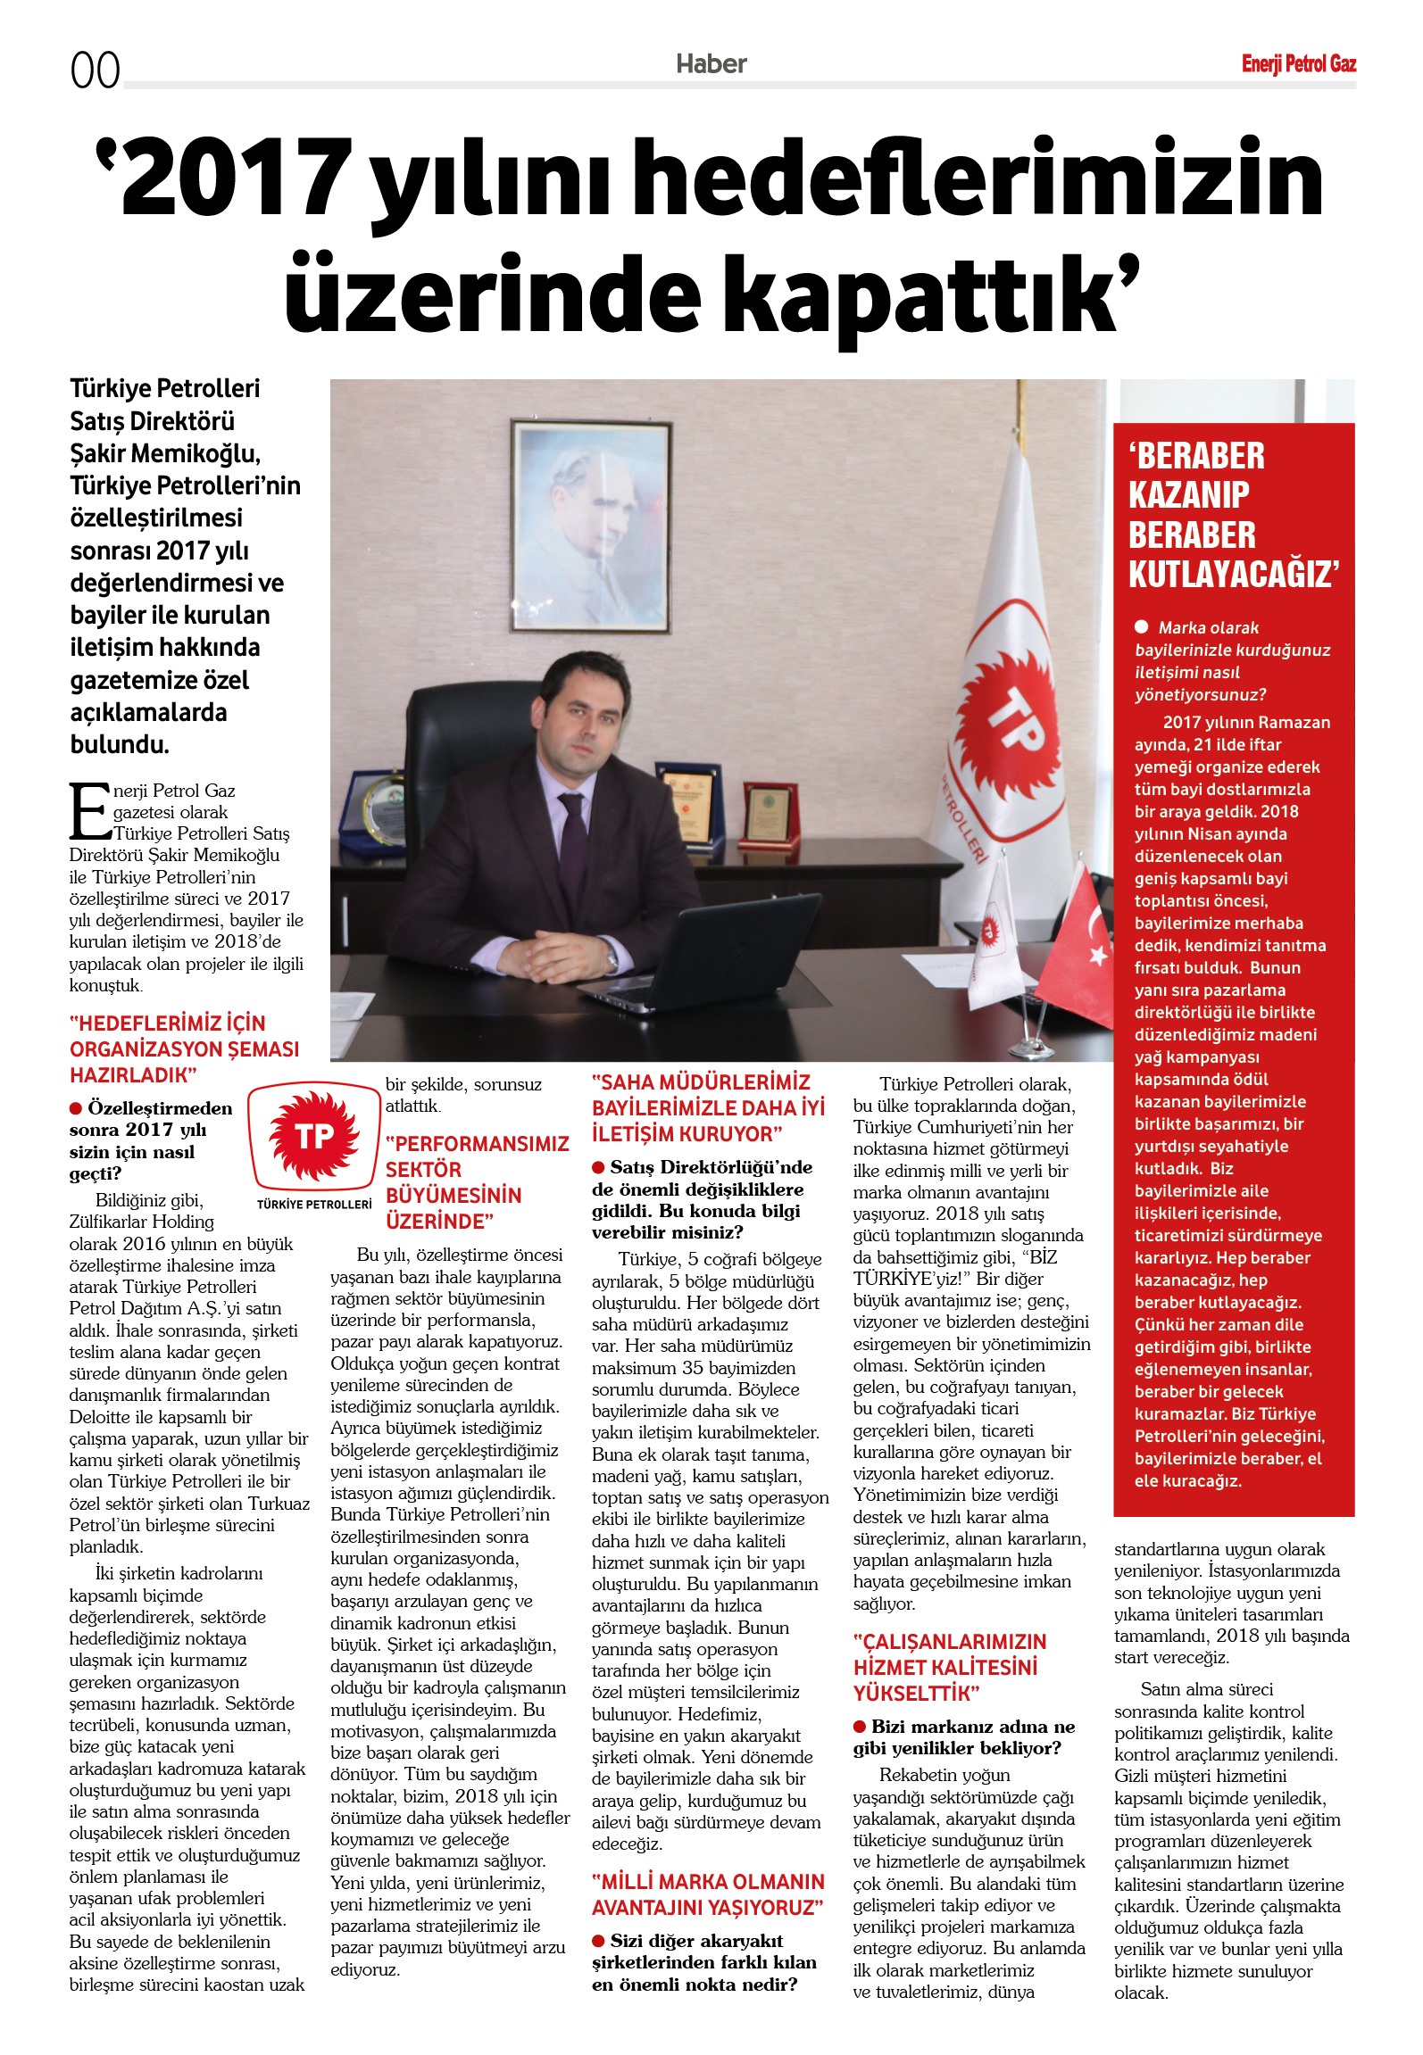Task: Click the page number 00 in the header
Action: (x=95, y=70)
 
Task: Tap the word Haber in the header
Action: (x=711, y=64)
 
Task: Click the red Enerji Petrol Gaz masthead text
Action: (x=1298, y=64)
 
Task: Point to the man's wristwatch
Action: (x=612, y=958)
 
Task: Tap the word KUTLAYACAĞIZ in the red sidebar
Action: (x=1233, y=575)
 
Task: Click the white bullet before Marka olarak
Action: (x=1141, y=626)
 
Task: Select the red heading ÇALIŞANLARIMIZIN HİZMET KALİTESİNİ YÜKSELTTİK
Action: (x=950, y=1667)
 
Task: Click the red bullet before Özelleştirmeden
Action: (x=76, y=1108)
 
